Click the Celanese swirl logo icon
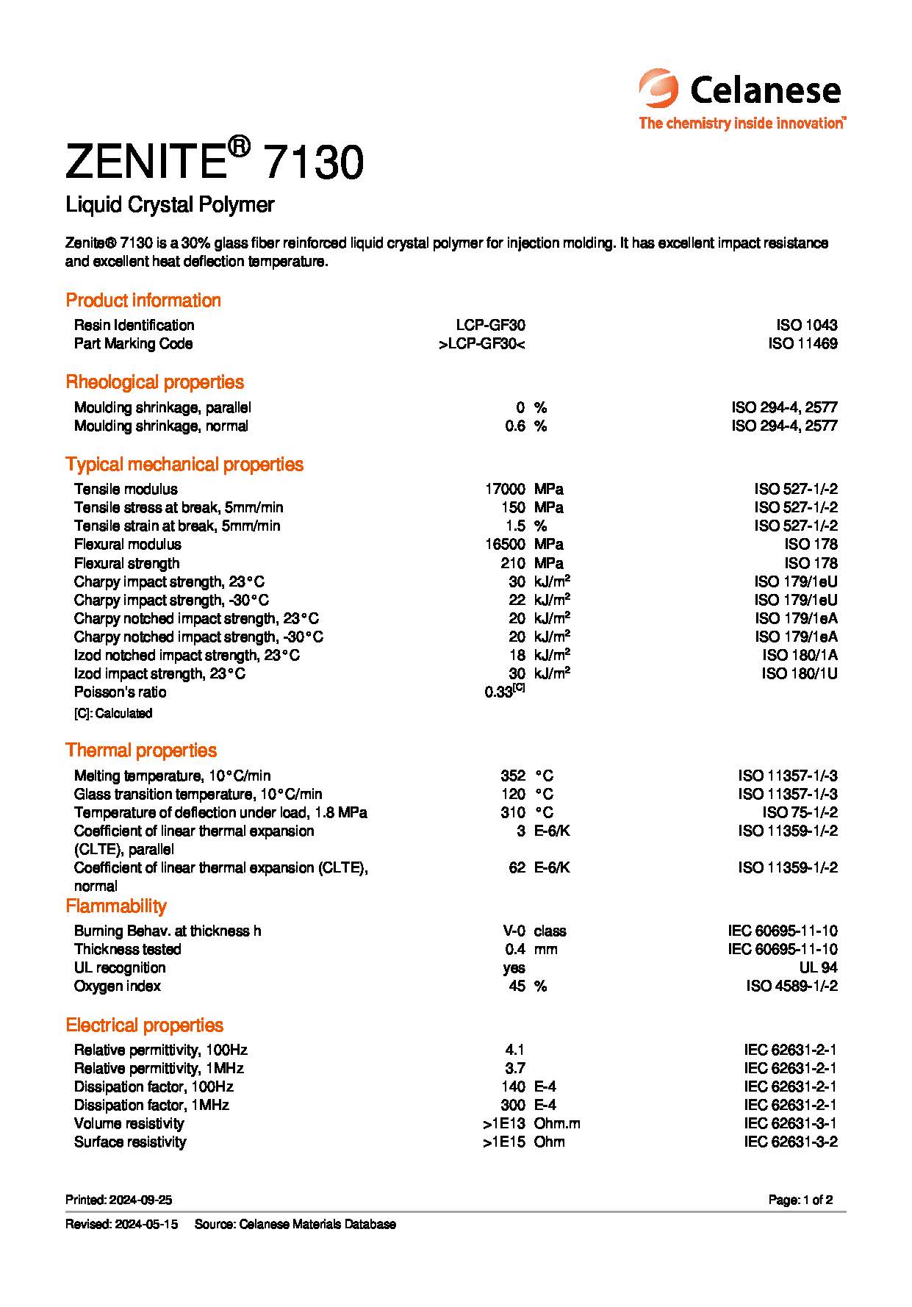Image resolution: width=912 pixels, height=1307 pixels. click(658, 89)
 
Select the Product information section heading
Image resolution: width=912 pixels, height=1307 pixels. click(143, 300)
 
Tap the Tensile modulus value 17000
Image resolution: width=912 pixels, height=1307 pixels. click(505, 489)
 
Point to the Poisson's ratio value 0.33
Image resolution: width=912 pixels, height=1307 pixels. click(500, 692)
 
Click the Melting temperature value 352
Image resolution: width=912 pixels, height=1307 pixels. click(513, 776)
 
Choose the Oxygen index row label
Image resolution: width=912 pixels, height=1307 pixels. click(118, 986)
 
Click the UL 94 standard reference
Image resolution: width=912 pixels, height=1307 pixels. click(818, 967)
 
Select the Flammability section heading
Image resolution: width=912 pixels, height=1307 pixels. click(116, 906)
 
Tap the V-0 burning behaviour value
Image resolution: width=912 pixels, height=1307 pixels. click(514, 931)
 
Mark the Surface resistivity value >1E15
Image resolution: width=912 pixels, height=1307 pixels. click(504, 1142)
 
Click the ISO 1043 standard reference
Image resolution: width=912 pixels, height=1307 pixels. click(806, 325)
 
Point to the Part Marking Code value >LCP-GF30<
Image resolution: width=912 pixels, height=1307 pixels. click(481, 343)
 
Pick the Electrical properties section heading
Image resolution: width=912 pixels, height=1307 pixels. click(144, 1025)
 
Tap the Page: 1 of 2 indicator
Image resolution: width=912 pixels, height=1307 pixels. click(800, 1200)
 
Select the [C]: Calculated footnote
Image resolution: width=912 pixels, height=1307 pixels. click(113, 713)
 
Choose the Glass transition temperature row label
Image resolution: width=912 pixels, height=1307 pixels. click(198, 794)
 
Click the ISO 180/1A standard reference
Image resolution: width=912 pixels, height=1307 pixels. click(800, 655)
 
